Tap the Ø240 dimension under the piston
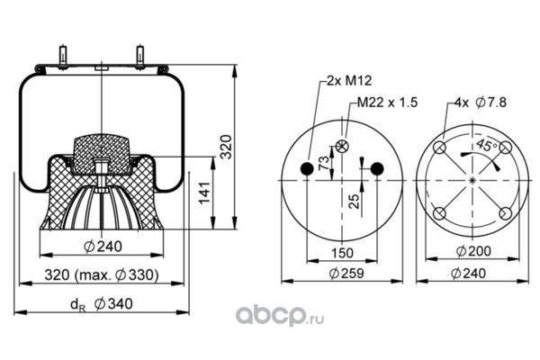[103, 247]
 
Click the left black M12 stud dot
[306, 168]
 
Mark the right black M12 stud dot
[377, 168]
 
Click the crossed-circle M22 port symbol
[342, 146]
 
